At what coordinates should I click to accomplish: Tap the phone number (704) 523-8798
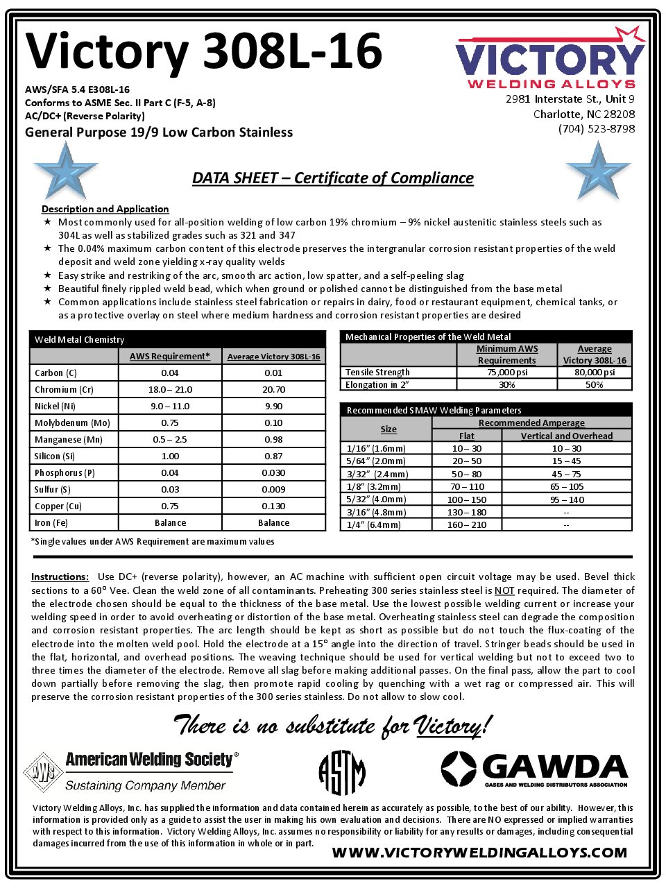(596, 129)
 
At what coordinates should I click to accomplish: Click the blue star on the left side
(65, 171)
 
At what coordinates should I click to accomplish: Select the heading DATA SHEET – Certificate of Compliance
(333, 178)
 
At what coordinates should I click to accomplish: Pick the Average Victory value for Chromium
(273, 390)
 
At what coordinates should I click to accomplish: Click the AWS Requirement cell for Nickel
(170, 407)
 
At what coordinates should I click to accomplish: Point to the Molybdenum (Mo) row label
(71, 423)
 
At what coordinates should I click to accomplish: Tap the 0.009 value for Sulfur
(273, 490)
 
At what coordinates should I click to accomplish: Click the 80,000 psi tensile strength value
(594, 373)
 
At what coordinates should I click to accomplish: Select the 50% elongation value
(594, 385)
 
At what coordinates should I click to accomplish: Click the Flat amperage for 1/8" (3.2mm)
(467, 487)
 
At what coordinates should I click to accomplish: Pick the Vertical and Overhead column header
(567, 436)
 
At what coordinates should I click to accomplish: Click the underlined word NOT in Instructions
(504, 591)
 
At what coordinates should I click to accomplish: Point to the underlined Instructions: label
(60, 577)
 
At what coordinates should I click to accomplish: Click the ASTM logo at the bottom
(341, 773)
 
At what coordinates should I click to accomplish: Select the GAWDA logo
(534, 770)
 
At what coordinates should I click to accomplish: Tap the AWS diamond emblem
(43, 772)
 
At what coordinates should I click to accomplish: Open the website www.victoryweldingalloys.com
(479, 853)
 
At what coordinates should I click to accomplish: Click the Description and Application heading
(105, 209)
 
